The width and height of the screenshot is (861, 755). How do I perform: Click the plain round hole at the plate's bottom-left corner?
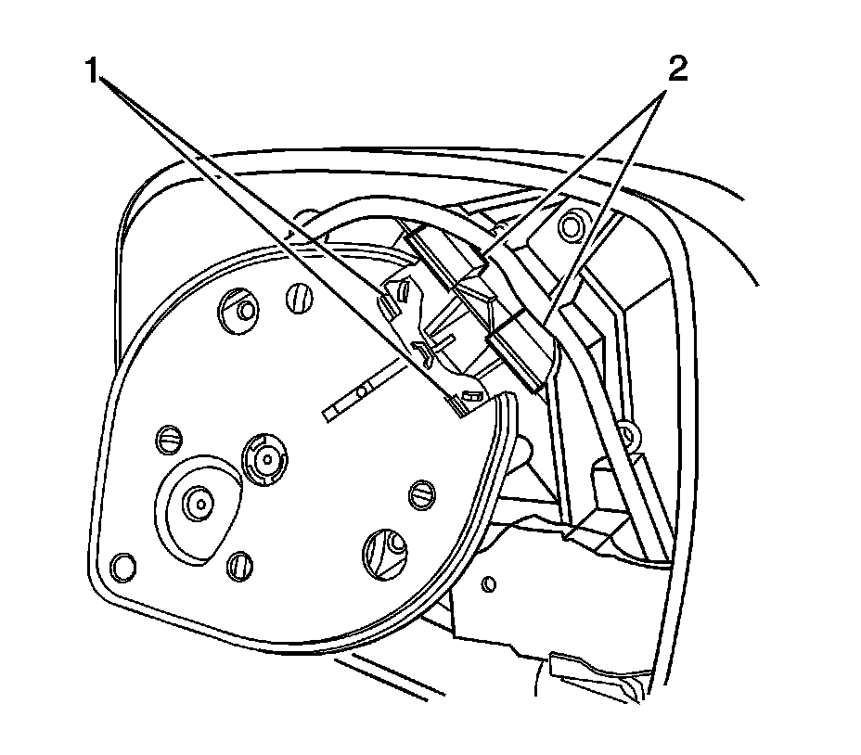(122, 563)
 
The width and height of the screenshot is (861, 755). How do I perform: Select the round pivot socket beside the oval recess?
(266, 454)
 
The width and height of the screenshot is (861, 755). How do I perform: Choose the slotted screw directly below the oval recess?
(239, 562)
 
